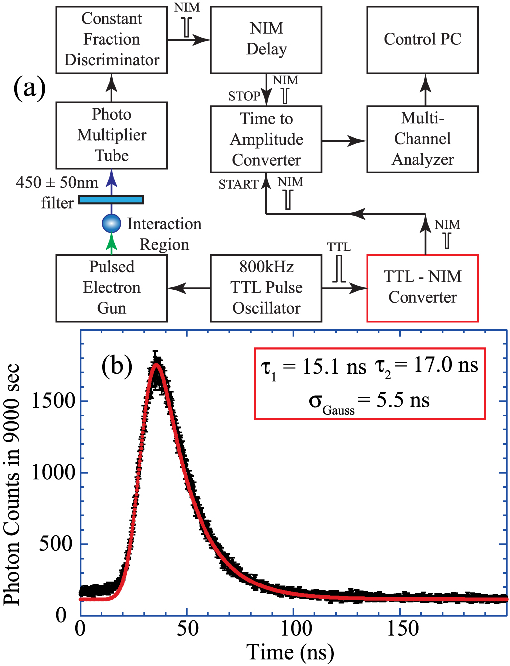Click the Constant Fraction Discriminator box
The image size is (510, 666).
click(111, 40)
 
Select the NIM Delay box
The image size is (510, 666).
click(266, 40)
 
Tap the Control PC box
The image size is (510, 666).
click(422, 40)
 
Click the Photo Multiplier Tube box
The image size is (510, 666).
click(111, 135)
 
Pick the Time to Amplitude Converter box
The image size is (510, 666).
click(266, 139)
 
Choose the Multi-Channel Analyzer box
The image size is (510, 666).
click(422, 139)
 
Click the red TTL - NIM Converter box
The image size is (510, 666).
click(422, 288)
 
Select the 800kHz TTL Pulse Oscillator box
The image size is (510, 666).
click(266, 288)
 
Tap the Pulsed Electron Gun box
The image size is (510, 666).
click(111, 288)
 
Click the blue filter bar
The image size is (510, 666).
click(111, 200)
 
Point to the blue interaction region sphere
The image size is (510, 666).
click(111, 223)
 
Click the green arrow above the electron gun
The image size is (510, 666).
click(112, 243)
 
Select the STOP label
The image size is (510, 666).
click(244, 96)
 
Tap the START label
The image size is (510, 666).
click(238, 185)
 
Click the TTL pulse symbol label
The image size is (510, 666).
click(339, 248)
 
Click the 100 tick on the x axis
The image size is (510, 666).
click(296, 629)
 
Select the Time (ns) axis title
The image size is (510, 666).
click(290, 652)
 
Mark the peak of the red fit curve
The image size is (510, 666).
click(157, 365)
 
